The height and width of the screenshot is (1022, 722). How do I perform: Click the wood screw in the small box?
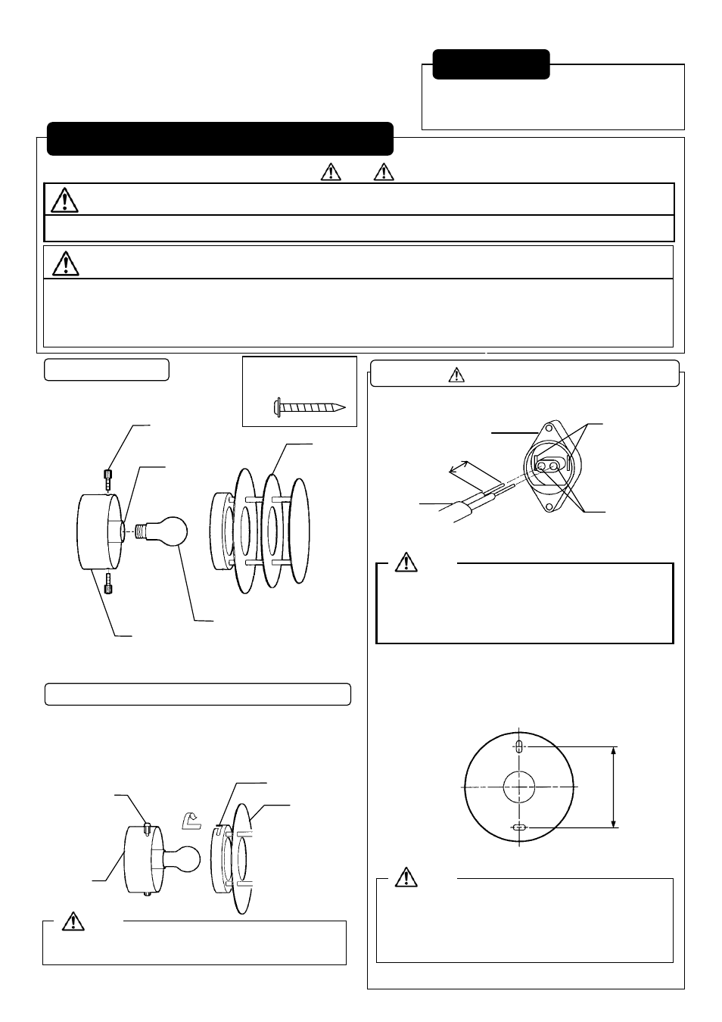[309, 407]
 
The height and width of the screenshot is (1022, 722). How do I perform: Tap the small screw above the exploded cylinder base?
[107, 478]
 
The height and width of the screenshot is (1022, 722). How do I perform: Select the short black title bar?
[490, 64]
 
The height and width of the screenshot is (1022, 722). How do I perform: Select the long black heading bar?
[219, 139]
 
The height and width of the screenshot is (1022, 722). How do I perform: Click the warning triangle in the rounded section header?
[456, 375]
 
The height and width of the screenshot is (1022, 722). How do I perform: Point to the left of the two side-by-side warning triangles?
[331, 172]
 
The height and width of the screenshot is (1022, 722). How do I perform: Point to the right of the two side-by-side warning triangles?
[384, 172]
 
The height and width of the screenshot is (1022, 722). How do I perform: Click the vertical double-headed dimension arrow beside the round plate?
[614, 787]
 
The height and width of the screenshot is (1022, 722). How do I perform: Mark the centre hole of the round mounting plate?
[519, 787]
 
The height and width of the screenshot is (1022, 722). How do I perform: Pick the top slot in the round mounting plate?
[519, 746]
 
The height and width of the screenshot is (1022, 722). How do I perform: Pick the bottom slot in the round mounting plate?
[519, 827]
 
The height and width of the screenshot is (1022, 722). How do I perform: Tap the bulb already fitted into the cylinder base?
[185, 858]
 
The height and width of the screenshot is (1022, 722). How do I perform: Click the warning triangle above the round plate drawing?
[406, 562]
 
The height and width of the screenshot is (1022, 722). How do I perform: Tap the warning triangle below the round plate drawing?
[406, 877]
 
